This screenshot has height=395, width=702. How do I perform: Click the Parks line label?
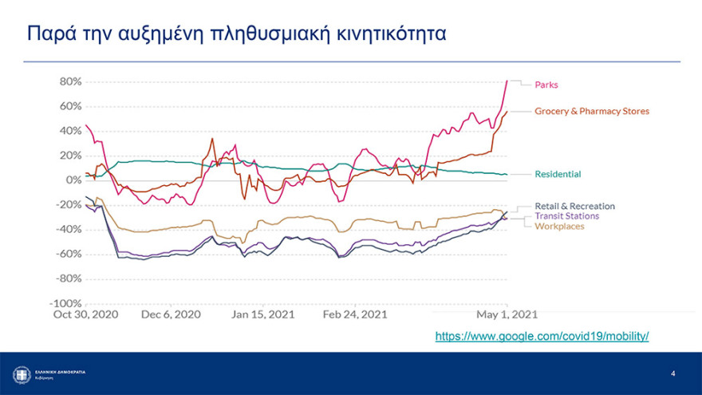click(546, 85)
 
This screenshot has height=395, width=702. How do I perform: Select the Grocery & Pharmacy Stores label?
click(591, 111)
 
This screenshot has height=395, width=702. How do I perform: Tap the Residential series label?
click(558, 174)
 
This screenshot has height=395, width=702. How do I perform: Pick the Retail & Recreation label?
click(574, 206)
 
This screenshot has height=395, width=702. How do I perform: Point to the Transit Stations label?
click(566, 215)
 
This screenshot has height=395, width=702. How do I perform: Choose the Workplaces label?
click(559, 226)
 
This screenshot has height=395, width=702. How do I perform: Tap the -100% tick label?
click(66, 304)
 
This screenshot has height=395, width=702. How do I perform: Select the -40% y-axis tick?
click(69, 230)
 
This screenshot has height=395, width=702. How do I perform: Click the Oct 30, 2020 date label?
click(85, 314)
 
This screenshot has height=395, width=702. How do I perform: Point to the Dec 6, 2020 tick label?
click(171, 314)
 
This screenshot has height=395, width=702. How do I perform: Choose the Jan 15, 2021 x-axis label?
click(262, 314)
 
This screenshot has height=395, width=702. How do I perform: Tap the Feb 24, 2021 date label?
click(355, 314)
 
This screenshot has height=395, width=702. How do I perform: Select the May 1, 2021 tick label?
click(506, 314)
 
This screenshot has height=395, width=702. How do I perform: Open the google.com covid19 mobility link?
click(542, 337)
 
